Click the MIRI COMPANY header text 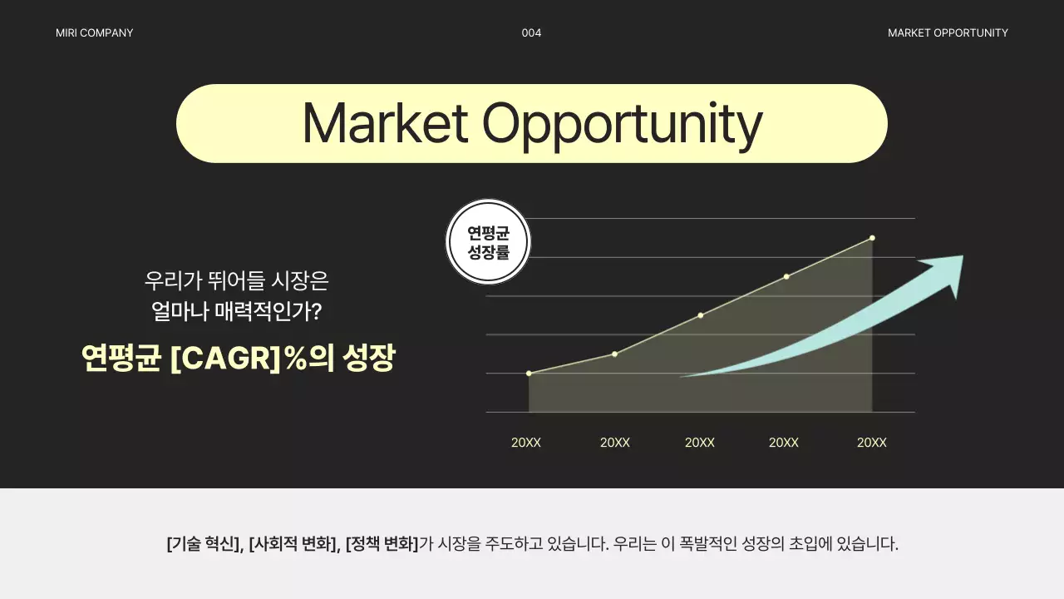tap(94, 33)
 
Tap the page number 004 tap(531, 33)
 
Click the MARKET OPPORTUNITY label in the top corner tap(948, 33)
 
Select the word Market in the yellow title tap(385, 123)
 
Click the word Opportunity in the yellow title tap(622, 125)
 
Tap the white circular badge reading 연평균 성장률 tap(488, 241)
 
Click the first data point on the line tap(529, 373)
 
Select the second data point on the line tap(615, 354)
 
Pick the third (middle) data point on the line tap(701, 315)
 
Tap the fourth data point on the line tap(786, 276)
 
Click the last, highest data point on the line tap(872, 238)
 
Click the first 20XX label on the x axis tap(526, 443)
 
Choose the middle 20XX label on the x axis tap(700, 443)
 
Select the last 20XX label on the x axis tap(872, 443)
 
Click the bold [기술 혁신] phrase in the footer tap(204, 545)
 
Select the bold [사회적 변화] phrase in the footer tap(293, 545)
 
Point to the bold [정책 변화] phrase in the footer tap(382, 545)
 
